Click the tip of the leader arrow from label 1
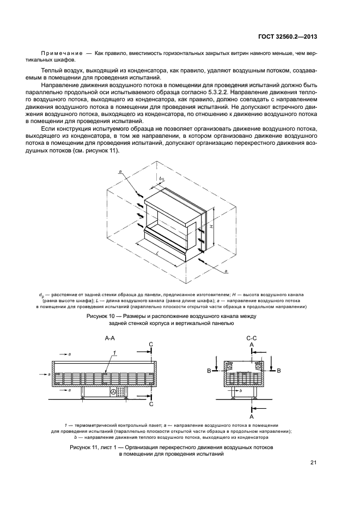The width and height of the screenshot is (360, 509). click(105, 373)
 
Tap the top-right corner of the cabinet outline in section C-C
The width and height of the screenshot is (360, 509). click(263, 360)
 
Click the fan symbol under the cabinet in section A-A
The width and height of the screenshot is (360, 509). click(113, 392)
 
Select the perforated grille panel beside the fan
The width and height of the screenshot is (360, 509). click(122, 392)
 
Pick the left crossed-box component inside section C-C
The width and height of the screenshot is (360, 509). click(230, 366)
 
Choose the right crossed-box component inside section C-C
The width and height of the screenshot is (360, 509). click(258, 366)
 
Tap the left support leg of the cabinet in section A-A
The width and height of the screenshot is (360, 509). click(83, 393)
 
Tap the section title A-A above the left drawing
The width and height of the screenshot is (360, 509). click(110, 338)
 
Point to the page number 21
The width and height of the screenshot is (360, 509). click(313, 463)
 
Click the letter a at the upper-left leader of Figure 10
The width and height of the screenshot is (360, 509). click(121, 174)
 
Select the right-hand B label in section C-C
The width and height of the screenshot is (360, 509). click(278, 371)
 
